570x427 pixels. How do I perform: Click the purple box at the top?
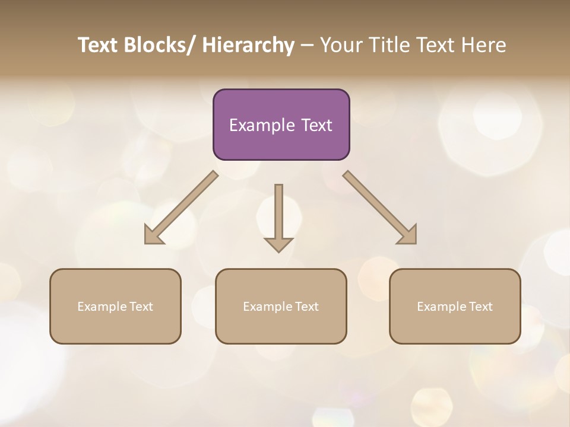pos(281,125)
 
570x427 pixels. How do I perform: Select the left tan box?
pos(115,306)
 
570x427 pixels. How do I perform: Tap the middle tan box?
pos(281,306)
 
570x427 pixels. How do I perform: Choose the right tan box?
pos(455,306)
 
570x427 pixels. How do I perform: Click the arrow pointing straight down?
pos(278,217)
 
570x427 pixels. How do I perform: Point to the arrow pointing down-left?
pos(181,208)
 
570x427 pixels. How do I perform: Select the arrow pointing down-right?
pos(380,208)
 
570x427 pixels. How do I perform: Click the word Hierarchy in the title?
pos(248,45)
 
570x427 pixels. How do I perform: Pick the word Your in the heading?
pos(340,45)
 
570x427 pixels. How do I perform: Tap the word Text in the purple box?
pos(316,125)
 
